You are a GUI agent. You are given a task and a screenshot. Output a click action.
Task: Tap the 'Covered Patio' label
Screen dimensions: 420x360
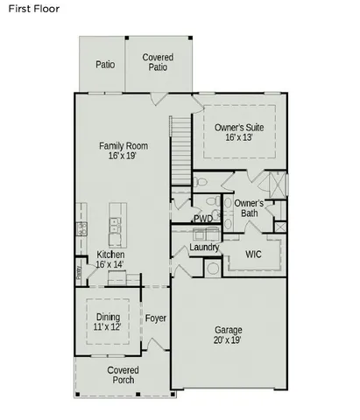pos(158,62)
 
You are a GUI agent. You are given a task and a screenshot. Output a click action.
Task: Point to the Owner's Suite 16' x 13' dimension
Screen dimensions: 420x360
pos(238,137)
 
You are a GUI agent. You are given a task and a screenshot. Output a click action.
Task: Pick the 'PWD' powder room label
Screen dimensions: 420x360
pos(202,219)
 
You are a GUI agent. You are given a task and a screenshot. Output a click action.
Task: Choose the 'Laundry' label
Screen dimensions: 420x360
pos(204,248)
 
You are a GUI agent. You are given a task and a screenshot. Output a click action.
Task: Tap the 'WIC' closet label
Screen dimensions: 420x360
pos(253,255)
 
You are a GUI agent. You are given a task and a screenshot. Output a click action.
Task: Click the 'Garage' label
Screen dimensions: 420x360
pos(229,330)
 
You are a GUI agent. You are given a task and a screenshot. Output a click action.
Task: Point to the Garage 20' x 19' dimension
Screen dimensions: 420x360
pos(229,341)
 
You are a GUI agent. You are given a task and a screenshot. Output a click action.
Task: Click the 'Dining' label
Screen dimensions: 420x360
pos(109,316)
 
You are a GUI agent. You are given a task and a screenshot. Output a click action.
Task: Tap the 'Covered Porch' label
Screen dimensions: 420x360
pos(124,375)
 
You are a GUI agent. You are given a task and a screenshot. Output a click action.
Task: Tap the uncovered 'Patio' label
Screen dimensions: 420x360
pos(105,64)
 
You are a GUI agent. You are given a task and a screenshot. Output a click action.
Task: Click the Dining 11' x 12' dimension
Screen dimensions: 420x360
pos(109,326)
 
